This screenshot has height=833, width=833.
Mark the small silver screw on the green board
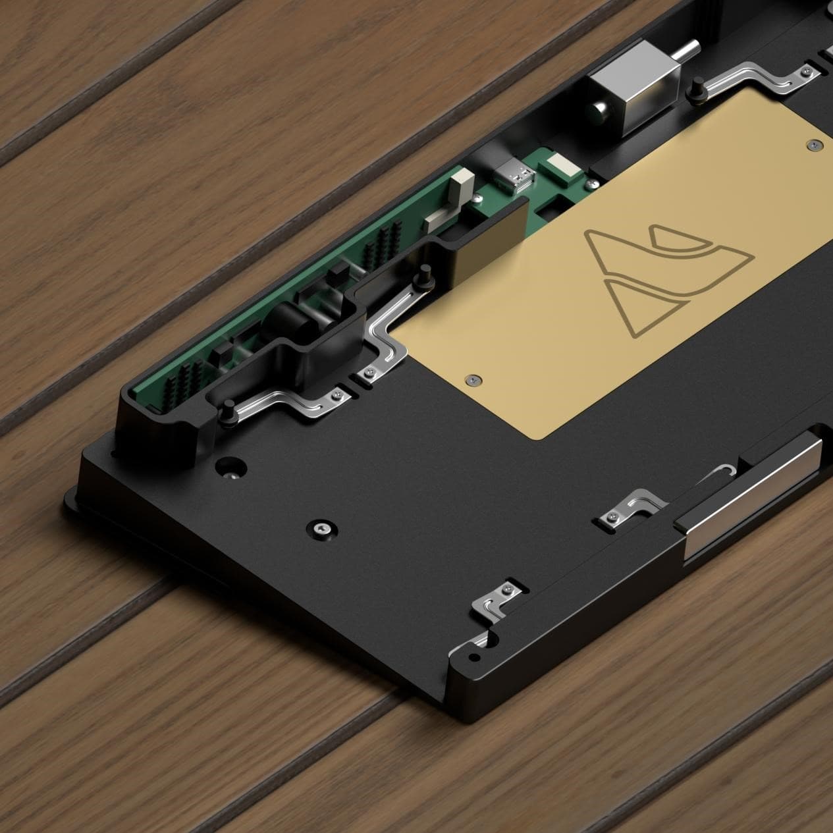pyautogui.click(x=364, y=375)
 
